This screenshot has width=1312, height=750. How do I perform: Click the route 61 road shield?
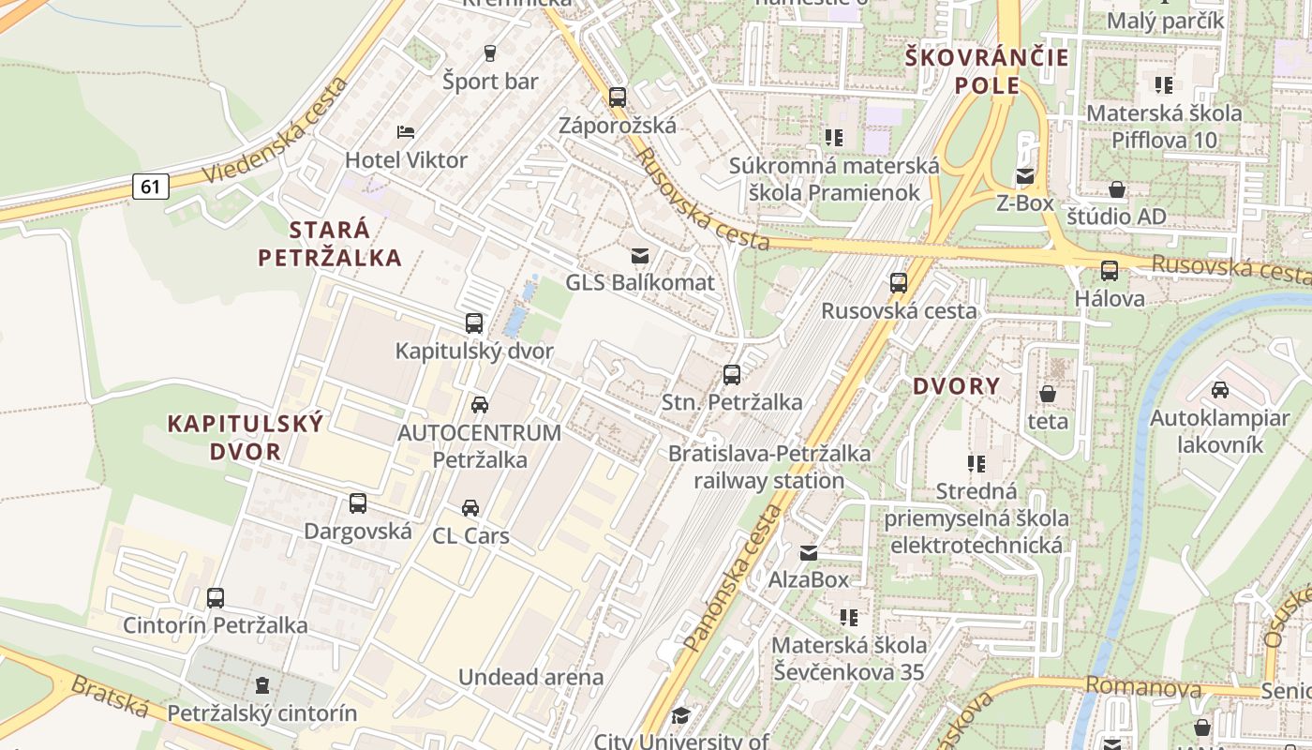(150, 187)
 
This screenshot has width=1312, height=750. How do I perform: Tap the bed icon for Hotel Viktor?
(406, 132)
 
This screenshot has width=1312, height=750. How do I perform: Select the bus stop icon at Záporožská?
(617, 97)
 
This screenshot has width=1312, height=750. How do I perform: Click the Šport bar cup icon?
(489, 53)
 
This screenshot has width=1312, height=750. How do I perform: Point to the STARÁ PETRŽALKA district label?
(330, 244)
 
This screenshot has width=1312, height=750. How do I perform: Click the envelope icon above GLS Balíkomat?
(640, 255)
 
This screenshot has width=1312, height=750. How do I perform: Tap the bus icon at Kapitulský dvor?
(474, 323)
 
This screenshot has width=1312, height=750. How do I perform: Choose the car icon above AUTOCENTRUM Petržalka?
(479, 405)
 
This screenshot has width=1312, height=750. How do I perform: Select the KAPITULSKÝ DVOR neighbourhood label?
(246, 437)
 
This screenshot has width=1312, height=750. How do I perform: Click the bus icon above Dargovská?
(358, 503)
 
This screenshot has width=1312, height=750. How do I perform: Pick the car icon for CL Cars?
(470, 508)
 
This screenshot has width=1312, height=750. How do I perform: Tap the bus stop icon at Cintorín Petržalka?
(216, 597)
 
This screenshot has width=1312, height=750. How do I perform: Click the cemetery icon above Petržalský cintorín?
(262, 685)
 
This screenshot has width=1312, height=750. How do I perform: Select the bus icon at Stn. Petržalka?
(732, 375)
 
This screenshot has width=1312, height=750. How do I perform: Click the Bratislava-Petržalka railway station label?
(769, 467)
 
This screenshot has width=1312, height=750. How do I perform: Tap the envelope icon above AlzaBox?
(808, 552)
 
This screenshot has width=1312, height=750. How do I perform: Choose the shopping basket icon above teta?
(1047, 394)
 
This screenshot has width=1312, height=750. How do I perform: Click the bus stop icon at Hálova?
(1110, 271)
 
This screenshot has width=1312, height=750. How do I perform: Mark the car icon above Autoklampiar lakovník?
(1220, 390)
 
